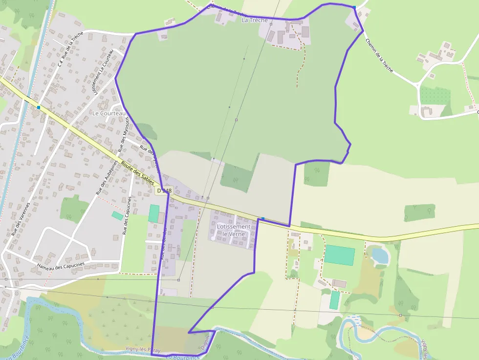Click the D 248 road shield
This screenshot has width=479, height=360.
click(x=165, y=190)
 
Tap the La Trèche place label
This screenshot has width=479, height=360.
click(x=255, y=20)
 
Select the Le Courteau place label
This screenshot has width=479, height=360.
click(x=109, y=113)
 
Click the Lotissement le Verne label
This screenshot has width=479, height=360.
click(x=233, y=230)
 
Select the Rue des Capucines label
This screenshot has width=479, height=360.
click(x=127, y=215)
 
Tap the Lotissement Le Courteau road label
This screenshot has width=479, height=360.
click(x=103, y=71)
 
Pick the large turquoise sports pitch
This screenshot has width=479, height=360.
click(x=340, y=255)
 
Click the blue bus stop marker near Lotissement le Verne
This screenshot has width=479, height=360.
click(x=263, y=219)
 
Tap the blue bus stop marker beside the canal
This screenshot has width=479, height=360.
click(x=38, y=107)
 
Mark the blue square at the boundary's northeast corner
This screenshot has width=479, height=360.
click(x=354, y=7)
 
